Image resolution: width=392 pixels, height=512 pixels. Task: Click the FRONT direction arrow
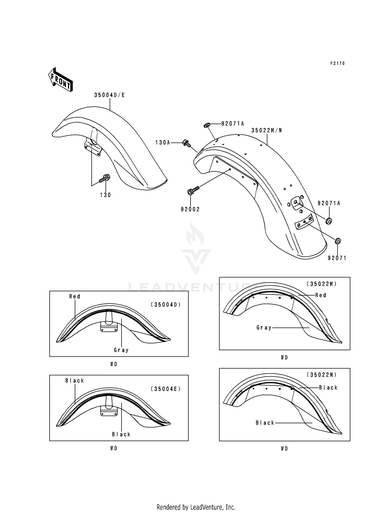click(x=60, y=79)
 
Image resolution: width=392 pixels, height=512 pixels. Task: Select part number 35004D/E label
click(x=109, y=95)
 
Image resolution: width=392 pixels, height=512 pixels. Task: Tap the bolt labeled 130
click(x=105, y=178)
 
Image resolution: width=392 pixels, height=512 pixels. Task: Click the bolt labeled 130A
click(x=186, y=143)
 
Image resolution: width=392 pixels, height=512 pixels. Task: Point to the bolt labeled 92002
click(x=193, y=190)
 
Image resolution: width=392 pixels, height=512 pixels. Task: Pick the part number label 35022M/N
click(x=267, y=130)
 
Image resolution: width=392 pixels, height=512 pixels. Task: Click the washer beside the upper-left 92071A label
click(x=206, y=126)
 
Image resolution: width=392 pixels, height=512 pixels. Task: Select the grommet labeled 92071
click(x=338, y=241)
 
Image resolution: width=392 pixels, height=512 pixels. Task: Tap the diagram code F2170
click(x=337, y=63)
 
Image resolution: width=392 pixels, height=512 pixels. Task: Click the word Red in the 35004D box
click(x=74, y=296)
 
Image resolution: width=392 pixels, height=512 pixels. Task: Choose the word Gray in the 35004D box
click(x=121, y=350)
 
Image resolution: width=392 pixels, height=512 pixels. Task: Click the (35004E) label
click(x=166, y=389)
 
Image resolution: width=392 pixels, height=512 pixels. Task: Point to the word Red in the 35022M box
click(x=321, y=295)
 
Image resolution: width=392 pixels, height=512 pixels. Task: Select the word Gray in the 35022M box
click(x=264, y=328)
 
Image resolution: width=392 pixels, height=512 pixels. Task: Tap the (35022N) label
click(x=322, y=375)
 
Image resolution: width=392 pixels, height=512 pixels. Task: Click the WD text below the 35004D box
click(x=114, y=364)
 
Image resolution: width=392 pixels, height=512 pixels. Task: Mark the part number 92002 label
click(x=190, y=209)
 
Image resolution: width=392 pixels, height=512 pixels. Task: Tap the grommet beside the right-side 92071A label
click(x=329, y=221)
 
